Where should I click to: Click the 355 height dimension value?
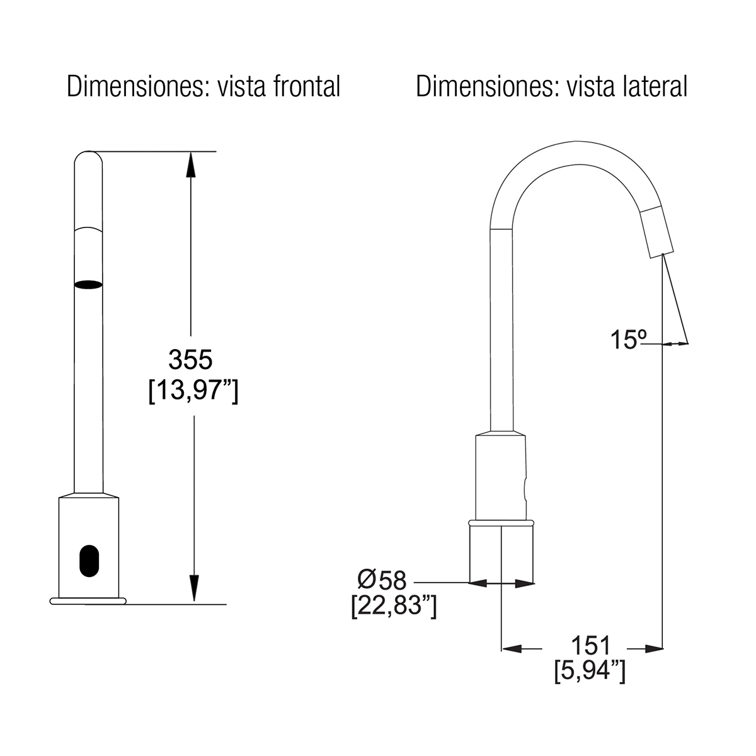pyautogui.click(x=190, y=359)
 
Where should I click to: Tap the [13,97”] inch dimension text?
pyautogui.click(x=193, y=391)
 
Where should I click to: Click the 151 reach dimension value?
pyautogui.click(x=591, y=645)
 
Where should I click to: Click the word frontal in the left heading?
pyautogui.click(x=307, y=86)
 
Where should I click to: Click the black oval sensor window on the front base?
pyautogui.click(x=89, y=561)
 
